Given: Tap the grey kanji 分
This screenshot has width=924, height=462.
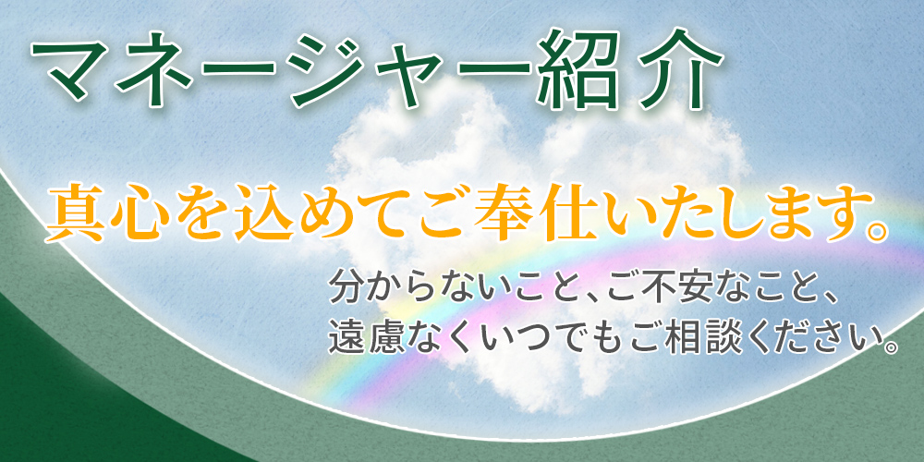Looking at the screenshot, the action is point(347,287).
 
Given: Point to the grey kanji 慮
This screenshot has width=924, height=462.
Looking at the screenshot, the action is point(383,336).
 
